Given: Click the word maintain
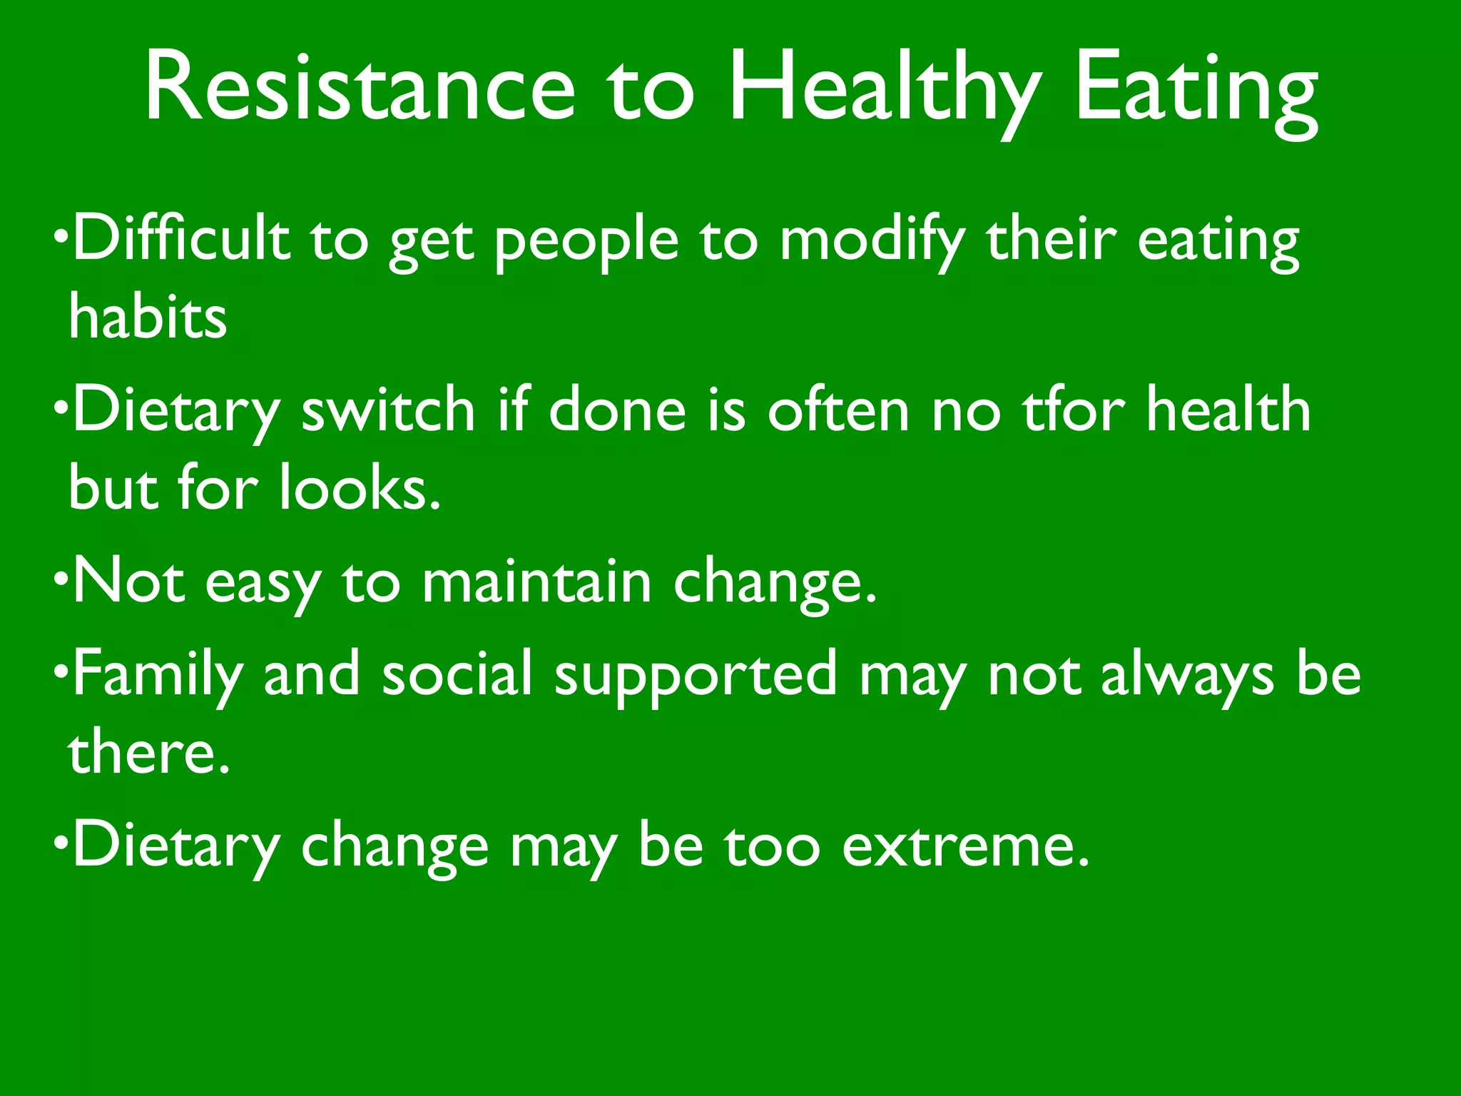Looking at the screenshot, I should [x=536, y=582].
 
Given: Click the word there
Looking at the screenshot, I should [x=149, y=753].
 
